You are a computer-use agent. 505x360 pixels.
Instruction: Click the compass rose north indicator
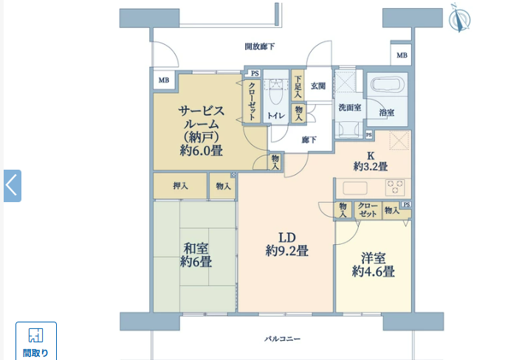point(459,18)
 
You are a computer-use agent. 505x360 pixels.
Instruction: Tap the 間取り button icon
point(35,335)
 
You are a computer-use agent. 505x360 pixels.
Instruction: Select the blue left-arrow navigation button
point(13,186)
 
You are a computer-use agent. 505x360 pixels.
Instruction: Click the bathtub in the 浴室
point(388,85)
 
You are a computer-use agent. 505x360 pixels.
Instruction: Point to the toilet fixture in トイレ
point(276,91)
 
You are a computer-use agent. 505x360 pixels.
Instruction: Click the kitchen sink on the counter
point(355,188)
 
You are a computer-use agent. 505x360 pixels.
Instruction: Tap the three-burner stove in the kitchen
point(395,187)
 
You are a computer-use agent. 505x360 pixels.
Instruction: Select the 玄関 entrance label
point(318,86)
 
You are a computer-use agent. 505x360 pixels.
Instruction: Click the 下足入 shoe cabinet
point(298,85)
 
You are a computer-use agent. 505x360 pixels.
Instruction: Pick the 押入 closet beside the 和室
point(180,186)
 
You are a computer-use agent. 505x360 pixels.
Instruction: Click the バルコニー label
point(283,339)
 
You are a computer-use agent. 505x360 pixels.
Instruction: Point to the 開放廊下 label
point(260,46)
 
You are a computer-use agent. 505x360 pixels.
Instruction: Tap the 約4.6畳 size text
point(374,272)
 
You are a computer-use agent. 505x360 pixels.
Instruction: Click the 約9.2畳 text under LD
point(287,251)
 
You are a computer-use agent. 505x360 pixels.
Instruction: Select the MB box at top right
point(402,55)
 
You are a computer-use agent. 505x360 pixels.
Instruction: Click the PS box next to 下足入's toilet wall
point(255,73)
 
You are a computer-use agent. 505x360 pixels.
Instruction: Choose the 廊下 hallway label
point(309,139)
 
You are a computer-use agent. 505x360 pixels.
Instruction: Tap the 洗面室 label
point(350,108)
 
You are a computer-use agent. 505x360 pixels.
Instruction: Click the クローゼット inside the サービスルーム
point(252,101)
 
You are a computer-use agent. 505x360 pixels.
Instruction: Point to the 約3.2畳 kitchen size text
point(371,166)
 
